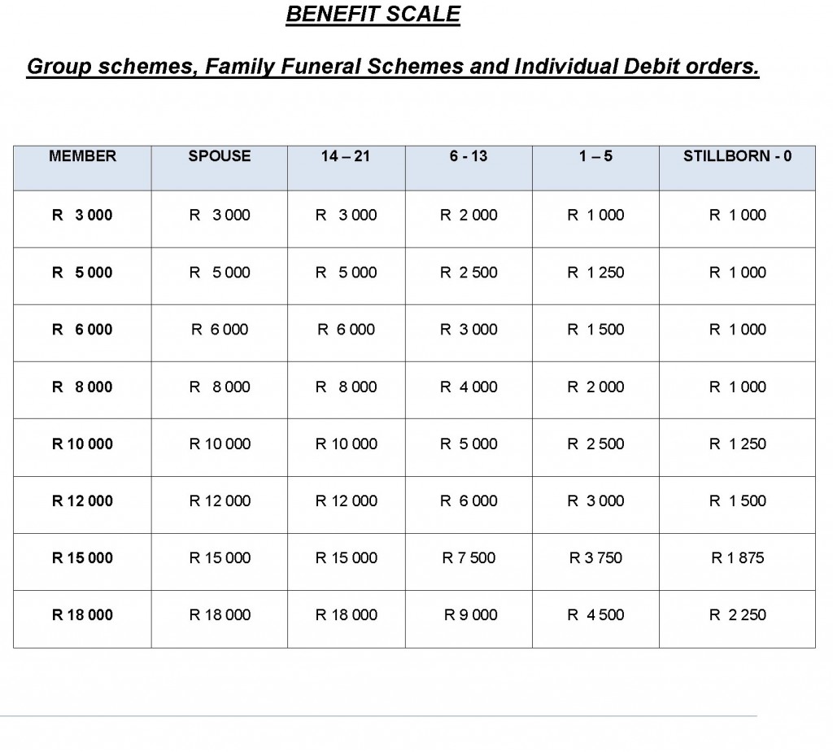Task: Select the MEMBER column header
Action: (x=82, y=156)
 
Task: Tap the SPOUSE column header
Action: (x=220, y=156)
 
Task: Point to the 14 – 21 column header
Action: (x=346, y=156)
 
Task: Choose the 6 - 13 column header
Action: (x=469, y=156)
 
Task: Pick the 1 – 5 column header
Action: (x=595, y=156)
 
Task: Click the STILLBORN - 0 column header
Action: (x=737, y=156)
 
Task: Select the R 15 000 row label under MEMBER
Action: (x=82, y=558)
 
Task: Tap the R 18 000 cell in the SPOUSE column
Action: (x=220, y=615)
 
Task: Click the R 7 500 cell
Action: (x=469, y=558)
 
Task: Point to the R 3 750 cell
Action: (x=595, y=558)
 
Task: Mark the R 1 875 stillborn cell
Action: (x=737, y=558)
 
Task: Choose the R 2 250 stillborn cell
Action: (x=737, y=615)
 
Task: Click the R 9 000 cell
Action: (x=470, y=615)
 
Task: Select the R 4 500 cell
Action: (x=595, y=615)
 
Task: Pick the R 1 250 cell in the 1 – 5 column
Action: (x=595, y=273)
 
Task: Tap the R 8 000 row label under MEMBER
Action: (x=82, y=387)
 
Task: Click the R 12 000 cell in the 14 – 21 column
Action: (x=346, y=501)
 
